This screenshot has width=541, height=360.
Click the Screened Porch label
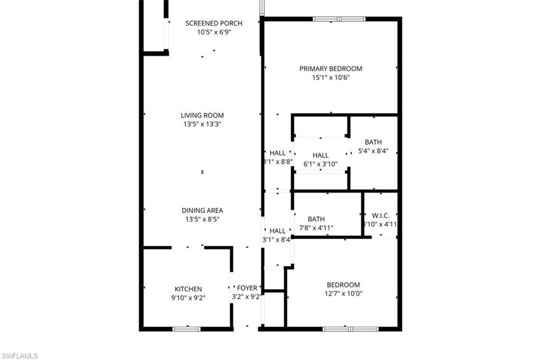(214, 23)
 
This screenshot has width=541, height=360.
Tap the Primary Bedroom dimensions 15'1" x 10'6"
(331, 78)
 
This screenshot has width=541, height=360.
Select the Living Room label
(202, 115)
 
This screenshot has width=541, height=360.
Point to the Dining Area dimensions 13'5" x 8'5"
(202, 219)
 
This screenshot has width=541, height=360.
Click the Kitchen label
(189, 289)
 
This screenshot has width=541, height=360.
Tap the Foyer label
(247, 288)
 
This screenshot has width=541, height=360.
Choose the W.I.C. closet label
(380, 216)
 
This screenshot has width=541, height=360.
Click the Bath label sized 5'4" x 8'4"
(373, 142)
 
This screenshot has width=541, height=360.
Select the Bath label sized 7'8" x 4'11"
(316, 219)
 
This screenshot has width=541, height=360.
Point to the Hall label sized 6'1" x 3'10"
(320, 155)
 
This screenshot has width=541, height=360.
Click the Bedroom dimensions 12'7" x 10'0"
(343, 294)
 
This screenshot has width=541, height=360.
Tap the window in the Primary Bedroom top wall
(339, 19)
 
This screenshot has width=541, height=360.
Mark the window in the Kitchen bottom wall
(186, 329)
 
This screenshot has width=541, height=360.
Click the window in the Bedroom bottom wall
(350, 329)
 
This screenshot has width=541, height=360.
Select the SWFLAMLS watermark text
(20, 356)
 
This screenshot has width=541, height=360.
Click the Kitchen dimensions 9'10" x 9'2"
(189, 298)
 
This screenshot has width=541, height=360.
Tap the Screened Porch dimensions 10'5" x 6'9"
(214, 32)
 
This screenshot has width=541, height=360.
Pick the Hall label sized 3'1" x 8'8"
(278, 153)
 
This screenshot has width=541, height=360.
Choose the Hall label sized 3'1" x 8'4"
(277, 231)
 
